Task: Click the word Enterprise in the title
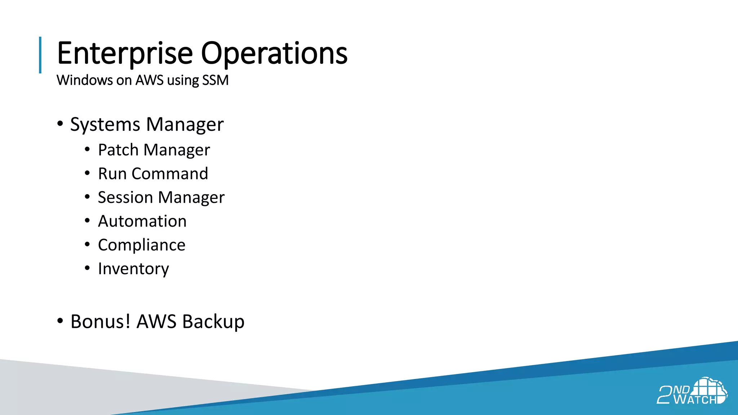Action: [125, 53]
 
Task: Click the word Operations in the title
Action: [274, 53]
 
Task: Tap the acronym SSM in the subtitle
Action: [215, 80]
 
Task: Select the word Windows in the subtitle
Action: [85, 80]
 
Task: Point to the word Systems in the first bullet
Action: [105, 125]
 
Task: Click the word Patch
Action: [118, 150]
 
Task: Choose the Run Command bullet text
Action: [153, 174]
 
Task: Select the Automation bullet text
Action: [142, 221]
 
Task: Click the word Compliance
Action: [142, 245]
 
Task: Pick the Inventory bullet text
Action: [133, 269]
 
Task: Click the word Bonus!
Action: [100, 321]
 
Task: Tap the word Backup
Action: [213, 321]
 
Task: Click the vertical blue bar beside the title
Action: [40, 55]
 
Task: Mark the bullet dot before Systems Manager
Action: [60, 124]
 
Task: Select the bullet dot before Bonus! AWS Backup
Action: [60, 321]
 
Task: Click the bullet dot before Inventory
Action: [87, 268]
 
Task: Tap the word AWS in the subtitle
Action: [149, 80]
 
